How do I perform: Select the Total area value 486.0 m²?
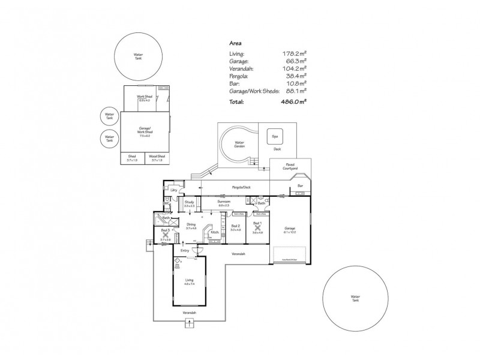click(295, 102)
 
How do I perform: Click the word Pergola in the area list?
click(238, 77)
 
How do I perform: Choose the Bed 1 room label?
click(257, 224)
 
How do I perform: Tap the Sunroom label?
click(224, 202)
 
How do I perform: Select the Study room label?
click(188, 202)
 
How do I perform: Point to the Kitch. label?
click(215, 232)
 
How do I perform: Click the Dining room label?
click(191, 225)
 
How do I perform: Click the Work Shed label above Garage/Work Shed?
click(143, 97)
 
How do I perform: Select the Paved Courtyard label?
click(291, 167)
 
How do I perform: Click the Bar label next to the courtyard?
click(300, 186)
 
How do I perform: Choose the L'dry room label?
click(173, 190)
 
